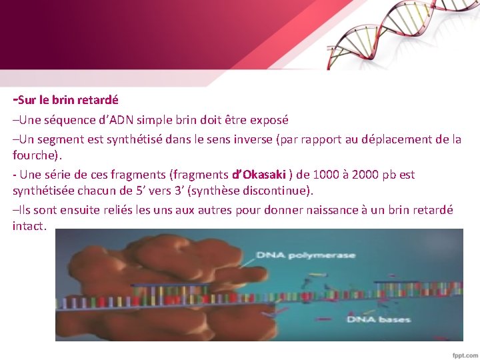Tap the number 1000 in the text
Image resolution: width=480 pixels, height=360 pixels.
(323, 175)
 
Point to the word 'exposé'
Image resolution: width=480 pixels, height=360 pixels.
(266, 121)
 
